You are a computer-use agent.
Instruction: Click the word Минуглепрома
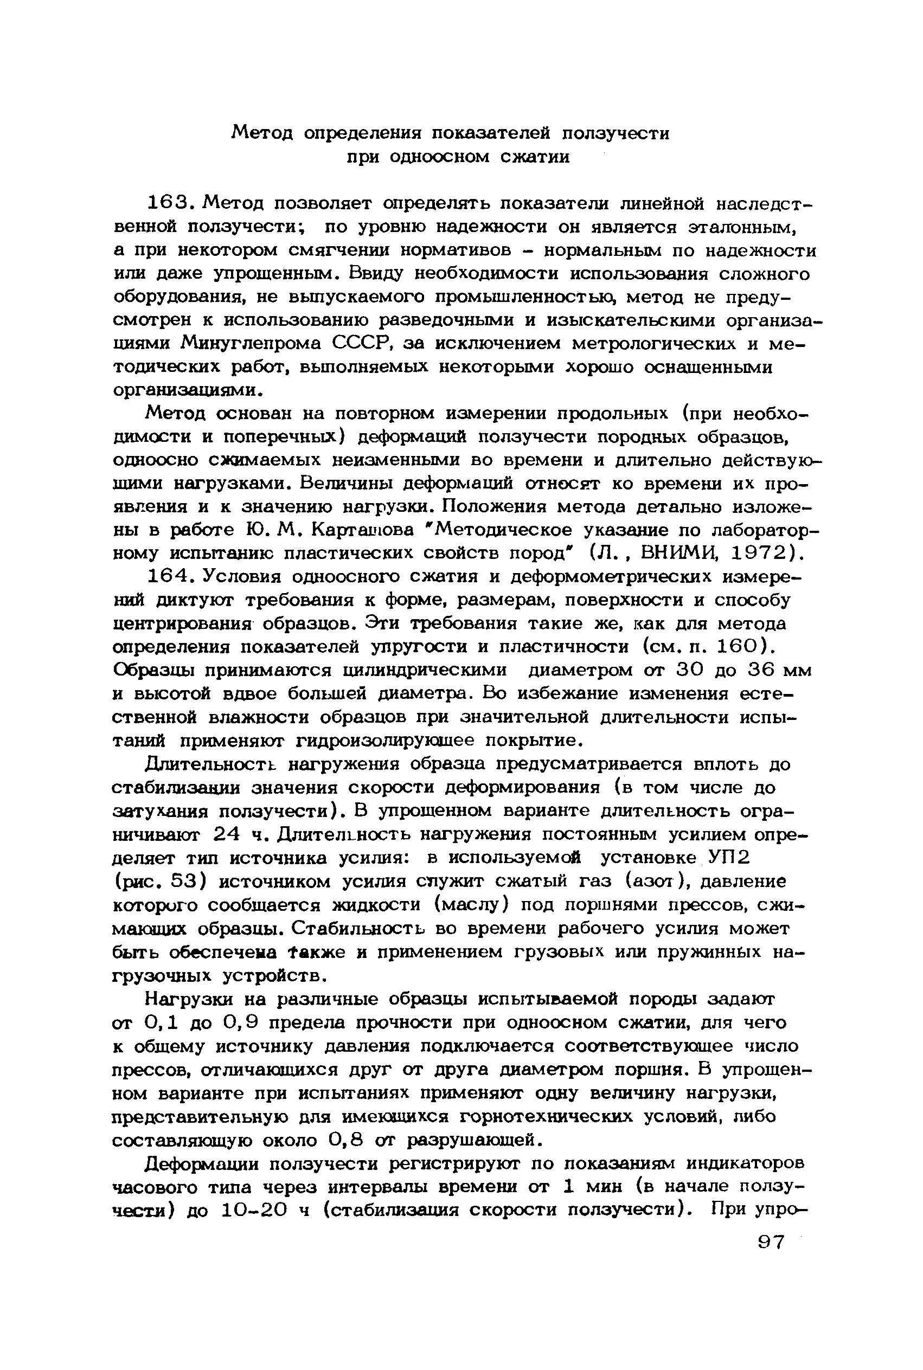click(251, 343)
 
